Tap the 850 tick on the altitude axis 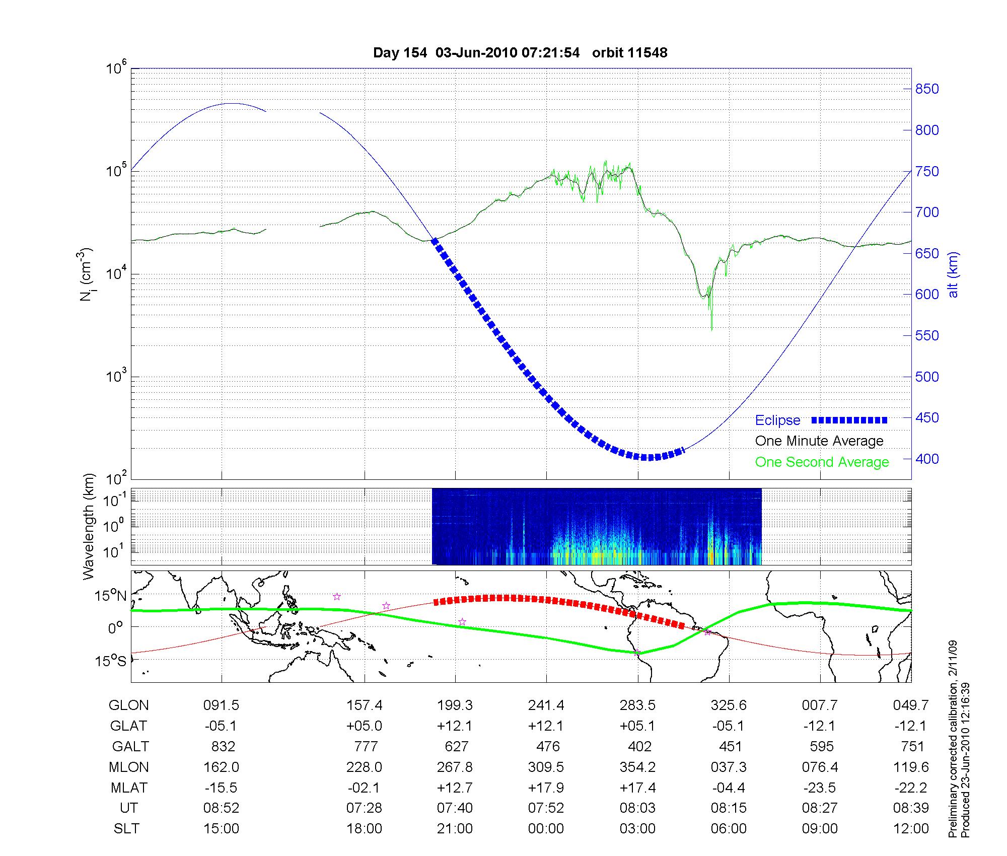[x=927, y=89]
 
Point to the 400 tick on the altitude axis [x=927, y=459]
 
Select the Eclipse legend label [x=777, y=420]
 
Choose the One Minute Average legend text [x=819, y=441]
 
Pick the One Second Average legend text [x=822, y=462]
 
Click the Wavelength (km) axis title [x=89, y=527]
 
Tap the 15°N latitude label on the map [x=111, y=596]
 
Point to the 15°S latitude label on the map [x=111, y=661]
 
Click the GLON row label [x=129, y=705]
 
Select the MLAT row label [x=129, y=788]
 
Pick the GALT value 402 [x=638, y=747]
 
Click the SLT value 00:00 [x=546, y=828]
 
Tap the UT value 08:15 [x=729, y=808]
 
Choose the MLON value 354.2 [x=638, y=767]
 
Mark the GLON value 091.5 [x=221, y=705]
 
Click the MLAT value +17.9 [x=546, y=788]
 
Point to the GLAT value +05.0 [x=364, y=726]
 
